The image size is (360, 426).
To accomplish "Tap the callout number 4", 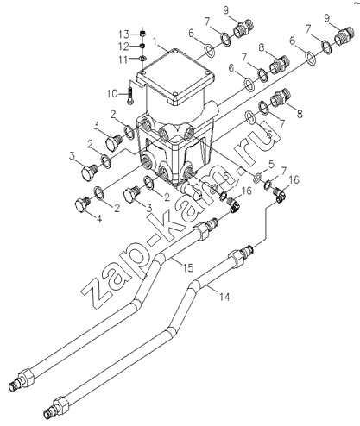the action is (99, 219).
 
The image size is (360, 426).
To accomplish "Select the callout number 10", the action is (112, 94).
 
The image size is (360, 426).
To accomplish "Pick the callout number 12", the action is (125, 47).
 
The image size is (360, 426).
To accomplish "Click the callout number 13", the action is (125, 34).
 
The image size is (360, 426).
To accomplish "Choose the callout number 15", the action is (188, 267).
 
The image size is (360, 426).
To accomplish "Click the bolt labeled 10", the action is (129, 96).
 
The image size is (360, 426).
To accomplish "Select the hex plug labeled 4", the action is (83, 205).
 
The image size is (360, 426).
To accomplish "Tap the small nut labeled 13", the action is (142, 34).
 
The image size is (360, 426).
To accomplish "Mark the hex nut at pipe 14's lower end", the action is (60, 405).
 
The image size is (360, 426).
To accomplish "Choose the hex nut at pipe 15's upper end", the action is (202, 229).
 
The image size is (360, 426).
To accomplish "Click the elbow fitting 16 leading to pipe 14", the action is (279, 196).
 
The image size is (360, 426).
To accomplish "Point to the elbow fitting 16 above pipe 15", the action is (233, 204).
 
